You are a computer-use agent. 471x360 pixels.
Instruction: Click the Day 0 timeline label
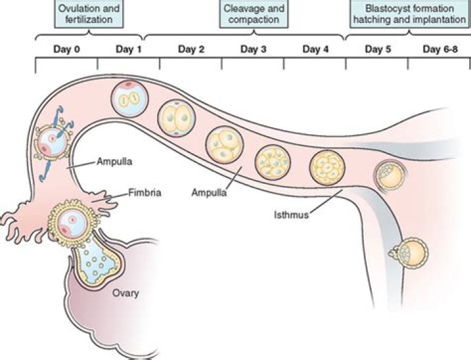(x=66, y=49)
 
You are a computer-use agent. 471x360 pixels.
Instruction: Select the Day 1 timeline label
(x=128, y=49)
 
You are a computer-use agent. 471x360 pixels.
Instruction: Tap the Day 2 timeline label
(x=190, y=49)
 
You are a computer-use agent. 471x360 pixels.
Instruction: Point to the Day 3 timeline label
(x=253, y=49)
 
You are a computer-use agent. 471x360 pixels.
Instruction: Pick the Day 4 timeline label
(x=316, y=49)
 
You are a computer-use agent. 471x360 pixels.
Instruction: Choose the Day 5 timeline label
(x=377, y=49)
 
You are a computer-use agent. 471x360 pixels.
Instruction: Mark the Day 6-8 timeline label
(x=440, y=49)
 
